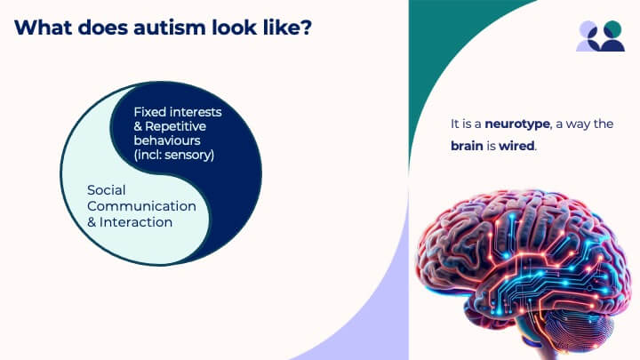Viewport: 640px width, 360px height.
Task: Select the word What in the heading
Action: (x=44, y=28)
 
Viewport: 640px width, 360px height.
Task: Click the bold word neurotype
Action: (x=517, y=124)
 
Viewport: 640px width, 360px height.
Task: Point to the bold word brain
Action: (x=467, y=146)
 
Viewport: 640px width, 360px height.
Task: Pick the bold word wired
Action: (x=516, y=146)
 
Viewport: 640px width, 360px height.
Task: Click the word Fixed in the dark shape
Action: (x=150, y=112)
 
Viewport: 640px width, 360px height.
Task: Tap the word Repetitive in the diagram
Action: (x=175, y=126)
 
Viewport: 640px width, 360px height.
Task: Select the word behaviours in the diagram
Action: (x=167, y=140)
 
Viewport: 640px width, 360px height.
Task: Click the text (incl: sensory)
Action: (x=174, y=155)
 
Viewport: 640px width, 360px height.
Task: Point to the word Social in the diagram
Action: (x=106, y=190)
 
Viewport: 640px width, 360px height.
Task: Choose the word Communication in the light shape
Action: (x=141, y=206)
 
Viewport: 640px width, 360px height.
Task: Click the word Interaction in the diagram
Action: (x=136, y=222)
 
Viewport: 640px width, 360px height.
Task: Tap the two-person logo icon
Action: (x=600, y=36)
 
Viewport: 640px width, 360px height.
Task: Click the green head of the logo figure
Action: (x=612, y=30)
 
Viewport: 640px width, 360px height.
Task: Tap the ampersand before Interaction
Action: (x=92, y=222)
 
